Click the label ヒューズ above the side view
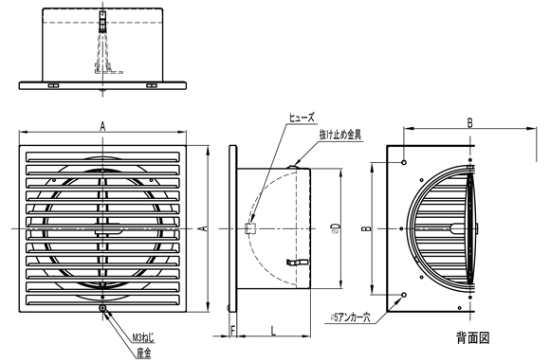click(x=306, y=117)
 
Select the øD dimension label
click(x=338, y=227)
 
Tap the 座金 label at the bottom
click(x=141, y=352)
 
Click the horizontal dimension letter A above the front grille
click(x=102, y=126)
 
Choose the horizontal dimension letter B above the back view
click(x=470, y=121)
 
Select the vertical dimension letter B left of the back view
click(x=367, y=227)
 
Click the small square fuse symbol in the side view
click(x=249, y=227)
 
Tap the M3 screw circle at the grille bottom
click(x=101, y=306)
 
